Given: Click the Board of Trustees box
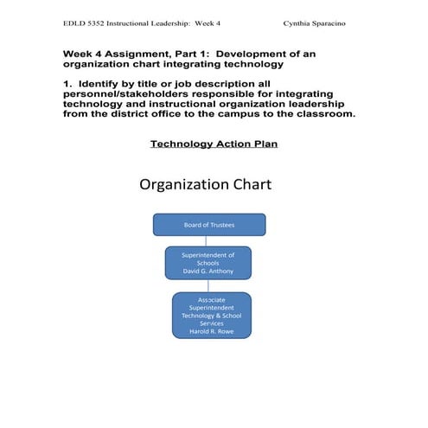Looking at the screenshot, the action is click(x=208, y=224).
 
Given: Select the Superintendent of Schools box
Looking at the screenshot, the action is click(x=208, y=263).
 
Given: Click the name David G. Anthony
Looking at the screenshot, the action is click(x=208, y=271).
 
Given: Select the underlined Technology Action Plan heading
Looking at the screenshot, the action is click(x=214, y=144).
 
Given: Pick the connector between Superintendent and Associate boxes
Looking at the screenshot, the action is click(x=208, y=285).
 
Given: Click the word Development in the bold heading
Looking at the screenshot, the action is click(x=257, y=54).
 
